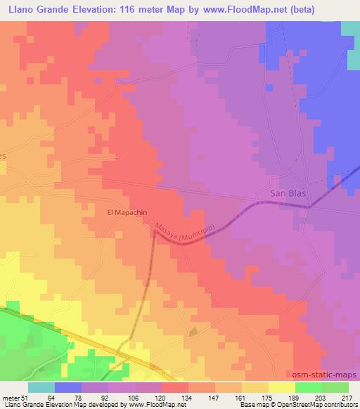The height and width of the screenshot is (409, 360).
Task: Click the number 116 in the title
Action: click(127, 9)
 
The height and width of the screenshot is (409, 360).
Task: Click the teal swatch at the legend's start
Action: click(41, 387)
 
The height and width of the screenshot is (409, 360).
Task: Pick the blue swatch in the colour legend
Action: click(68, 387)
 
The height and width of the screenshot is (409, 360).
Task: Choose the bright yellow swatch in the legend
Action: click(281, 387)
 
